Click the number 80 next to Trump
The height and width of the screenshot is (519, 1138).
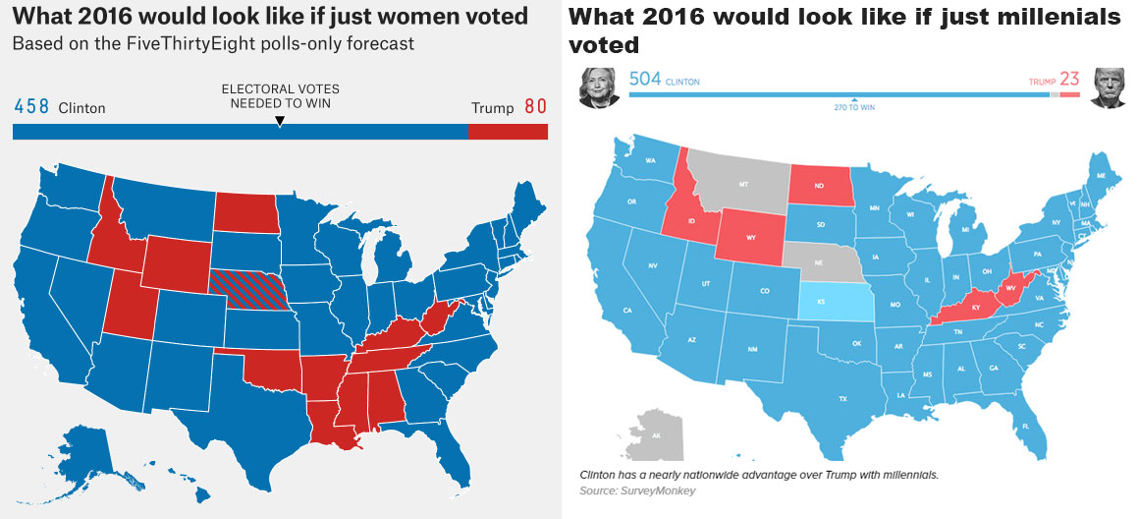pyautogui.click(x=535, y=107)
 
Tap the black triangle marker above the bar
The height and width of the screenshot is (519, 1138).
pyautogui.click(x=280, y=121)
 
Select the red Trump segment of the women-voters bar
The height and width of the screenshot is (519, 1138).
pyautogui.click(x=508, y=132)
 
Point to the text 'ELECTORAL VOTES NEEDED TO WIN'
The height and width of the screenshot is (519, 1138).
pyautogui.click(x=280, y=96)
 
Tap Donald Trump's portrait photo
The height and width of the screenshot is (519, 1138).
pyautogui.click(x=1108, y=86)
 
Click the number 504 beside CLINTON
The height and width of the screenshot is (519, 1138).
pyautogui.click(x=644, y=80)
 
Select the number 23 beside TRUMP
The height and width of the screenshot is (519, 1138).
pyautogui.click(x=1069, y=80)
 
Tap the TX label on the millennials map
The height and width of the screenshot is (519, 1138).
pyautogui.click(x=842, y=398)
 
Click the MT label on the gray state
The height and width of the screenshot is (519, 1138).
pyautogui.click(x=742, y=184)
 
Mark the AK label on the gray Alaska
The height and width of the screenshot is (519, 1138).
pyautogui.click(x=656, y=434)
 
